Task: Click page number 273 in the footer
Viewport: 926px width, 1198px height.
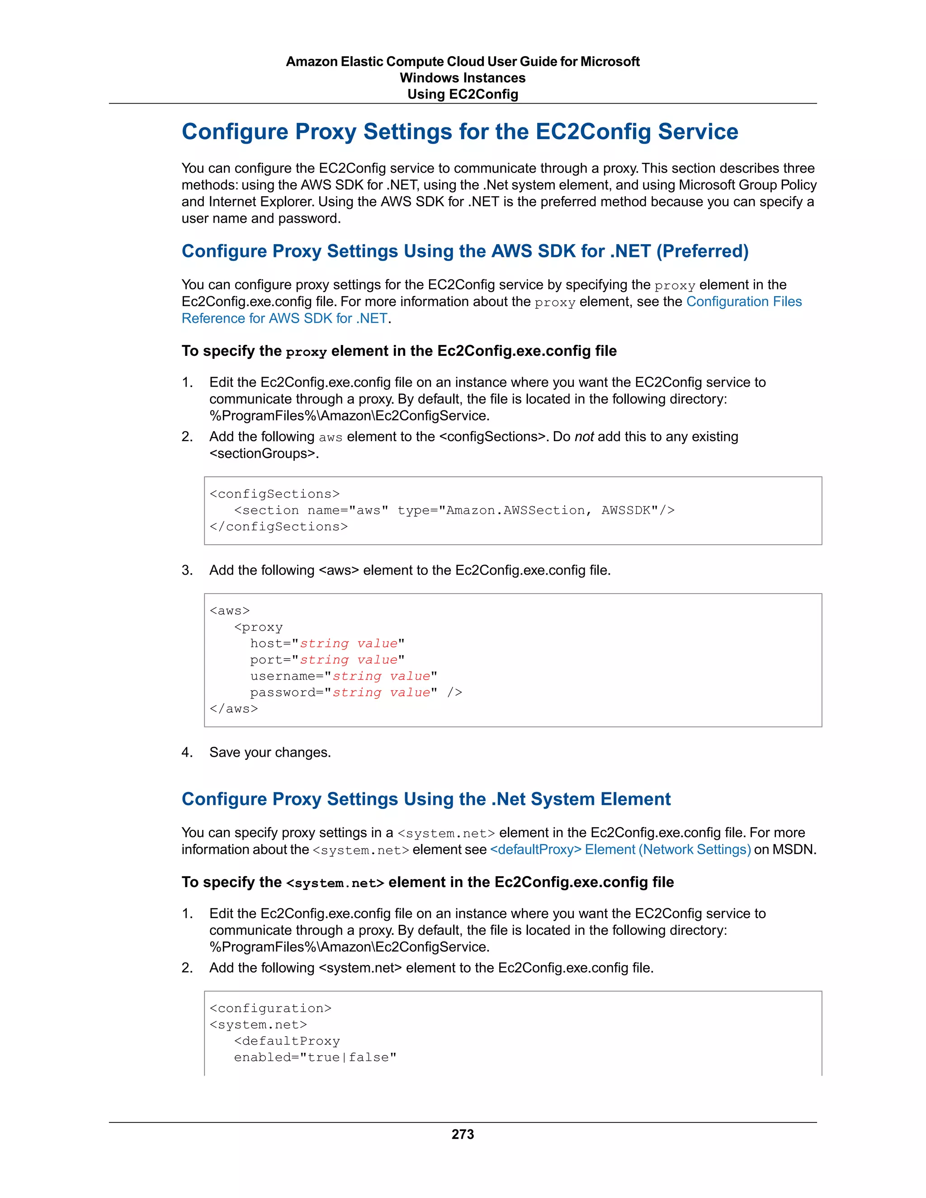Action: click(463, 1134)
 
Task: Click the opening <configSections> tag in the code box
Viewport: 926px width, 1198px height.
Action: click(274, 494)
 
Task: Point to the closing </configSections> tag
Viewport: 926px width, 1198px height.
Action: click(279, 527)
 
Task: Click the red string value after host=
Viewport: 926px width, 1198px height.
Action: click(348, 643)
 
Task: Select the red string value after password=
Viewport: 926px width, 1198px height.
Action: click(381, 692)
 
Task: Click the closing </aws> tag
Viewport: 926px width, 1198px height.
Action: click(234, 709)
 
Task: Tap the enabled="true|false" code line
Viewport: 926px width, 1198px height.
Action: click(315, 1057)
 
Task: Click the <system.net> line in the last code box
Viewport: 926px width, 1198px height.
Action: click(258, 1025)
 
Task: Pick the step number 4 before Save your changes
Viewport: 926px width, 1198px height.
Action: click(187, 752)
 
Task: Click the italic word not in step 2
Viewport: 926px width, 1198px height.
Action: click(584, 437)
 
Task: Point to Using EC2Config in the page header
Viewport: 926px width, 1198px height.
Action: click(463, 94)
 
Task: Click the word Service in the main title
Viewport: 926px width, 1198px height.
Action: click(698, 132)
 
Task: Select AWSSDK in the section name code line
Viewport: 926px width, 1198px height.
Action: click(625, 510)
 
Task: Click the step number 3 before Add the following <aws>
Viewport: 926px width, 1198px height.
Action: click(187, 570)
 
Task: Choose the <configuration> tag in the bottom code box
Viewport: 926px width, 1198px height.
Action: click(270, 1008)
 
